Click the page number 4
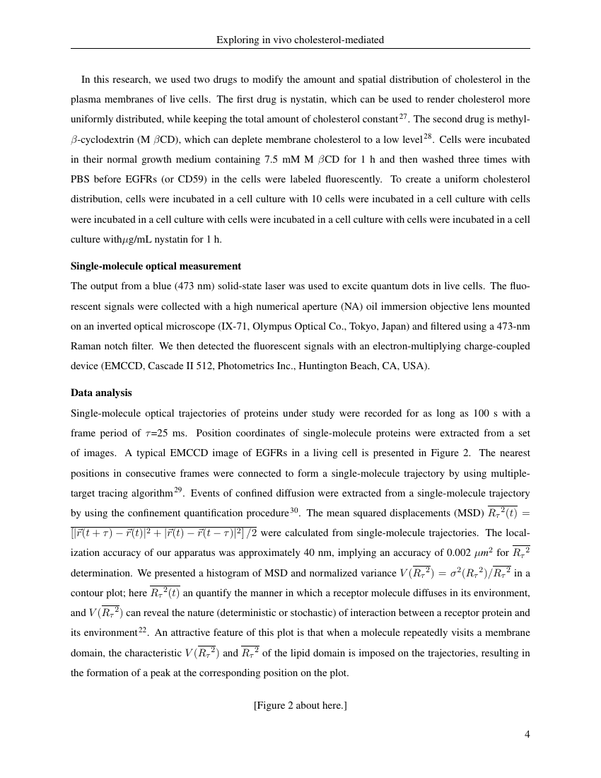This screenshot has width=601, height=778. click(x=527, y=734)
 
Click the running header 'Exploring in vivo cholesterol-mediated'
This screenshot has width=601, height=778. click(x=300, y=40)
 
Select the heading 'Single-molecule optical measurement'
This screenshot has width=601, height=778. click(x=156, y=267)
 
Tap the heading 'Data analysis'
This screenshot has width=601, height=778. click(x=101, y=393)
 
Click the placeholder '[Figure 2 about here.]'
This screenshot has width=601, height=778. click(x=300, y=706)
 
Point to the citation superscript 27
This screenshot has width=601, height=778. click(x=403, y=116)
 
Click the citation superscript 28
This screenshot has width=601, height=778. click(x=427, y=136)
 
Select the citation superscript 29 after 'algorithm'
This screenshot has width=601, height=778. click(x=178, y=489)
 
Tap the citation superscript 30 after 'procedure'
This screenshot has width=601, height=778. click(x=294, y=509)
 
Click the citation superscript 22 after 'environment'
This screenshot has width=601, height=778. click(x=142, y=629)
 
